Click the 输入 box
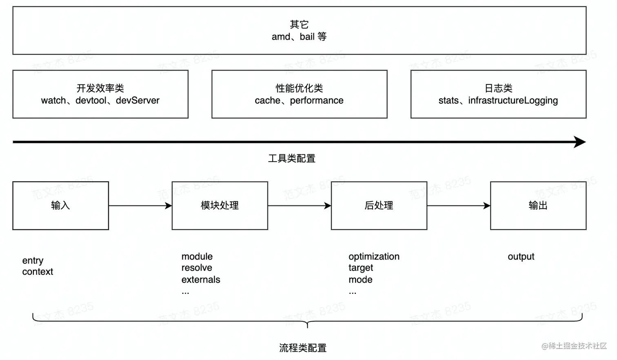point(60,206)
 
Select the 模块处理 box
point(220,206)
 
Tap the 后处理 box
point(379,206)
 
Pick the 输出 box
point(538,206)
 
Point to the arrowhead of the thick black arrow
point(579,142)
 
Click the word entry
point(33,260)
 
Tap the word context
point(38,272)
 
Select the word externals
point(201,280)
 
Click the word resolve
point(197,268)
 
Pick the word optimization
point(374,256)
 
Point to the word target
point(361,268)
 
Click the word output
point(521,256)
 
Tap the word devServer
point(138,100)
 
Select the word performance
point(317,100)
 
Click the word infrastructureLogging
point(513,100)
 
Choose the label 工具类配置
point(292,158)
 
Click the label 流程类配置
point(303,348)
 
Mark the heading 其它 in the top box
point(299,24)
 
